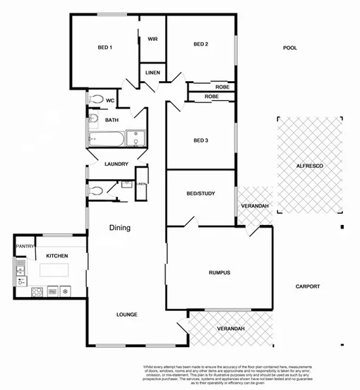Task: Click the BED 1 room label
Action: point(105,48)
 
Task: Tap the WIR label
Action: point(152,39)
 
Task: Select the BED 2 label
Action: point(201,44)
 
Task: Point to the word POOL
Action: point(289,48)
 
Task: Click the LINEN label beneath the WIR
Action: point(152,73)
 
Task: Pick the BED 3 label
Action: point(201,140)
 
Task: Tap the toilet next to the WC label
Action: point(97,99)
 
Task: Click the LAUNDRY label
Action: point(116,164)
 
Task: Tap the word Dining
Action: point(119,228)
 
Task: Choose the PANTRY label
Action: point(25,246)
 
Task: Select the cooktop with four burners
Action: point(37,290)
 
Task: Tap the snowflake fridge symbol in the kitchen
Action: point(66,290)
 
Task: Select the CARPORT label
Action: point(308,286)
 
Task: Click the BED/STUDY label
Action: point(200,193)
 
